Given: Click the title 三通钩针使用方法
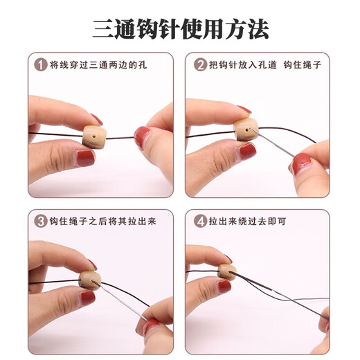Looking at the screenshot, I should (180, 28).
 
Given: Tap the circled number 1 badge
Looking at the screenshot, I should (40, 66).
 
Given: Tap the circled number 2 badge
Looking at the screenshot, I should (200, 66).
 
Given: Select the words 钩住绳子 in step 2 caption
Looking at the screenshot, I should (305, 66).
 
